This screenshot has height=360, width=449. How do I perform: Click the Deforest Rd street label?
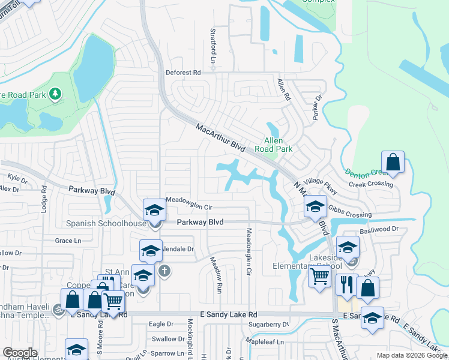pos(183,73)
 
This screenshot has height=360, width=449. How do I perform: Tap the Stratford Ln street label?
pos(212,46)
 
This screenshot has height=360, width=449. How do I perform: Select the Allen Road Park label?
pos(273,145)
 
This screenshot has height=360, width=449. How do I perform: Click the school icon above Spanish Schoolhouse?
pos(154,210)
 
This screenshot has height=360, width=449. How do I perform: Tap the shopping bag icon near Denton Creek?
pos(393,162)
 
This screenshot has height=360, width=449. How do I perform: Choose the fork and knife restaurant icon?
pos(346,285)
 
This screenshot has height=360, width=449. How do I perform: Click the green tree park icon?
pos(55,94)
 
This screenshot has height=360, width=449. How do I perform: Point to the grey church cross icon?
pos(165,271)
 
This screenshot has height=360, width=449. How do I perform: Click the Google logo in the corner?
pos(20,353)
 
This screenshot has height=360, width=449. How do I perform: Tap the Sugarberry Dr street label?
pos(268,324)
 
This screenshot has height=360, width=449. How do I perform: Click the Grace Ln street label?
pos(68,241)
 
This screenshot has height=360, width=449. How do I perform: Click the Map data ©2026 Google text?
pos(411,355)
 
